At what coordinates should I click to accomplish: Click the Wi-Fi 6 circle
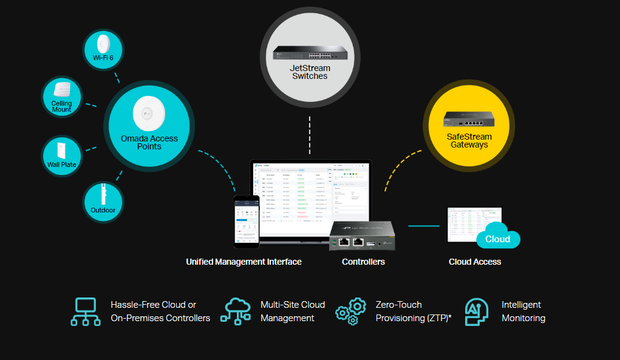pos(103,49)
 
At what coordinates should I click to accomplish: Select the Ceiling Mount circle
pos(61,97)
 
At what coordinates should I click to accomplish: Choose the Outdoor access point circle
pos(103,202)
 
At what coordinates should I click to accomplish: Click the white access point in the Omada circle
pos(149,113)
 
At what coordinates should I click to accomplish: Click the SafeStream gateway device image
pos(468,120)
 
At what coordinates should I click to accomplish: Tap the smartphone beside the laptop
pos(247,222)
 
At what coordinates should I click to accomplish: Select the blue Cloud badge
pos(498,239)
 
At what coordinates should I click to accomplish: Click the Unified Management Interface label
pos(244,262)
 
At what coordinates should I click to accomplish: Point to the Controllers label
pos(363,262)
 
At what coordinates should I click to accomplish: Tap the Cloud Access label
pos(475,262)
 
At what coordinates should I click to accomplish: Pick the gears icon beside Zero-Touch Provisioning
pos(351,311)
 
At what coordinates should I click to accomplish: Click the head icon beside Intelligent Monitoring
pos(477,311)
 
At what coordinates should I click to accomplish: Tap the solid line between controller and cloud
pos(423,226)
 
